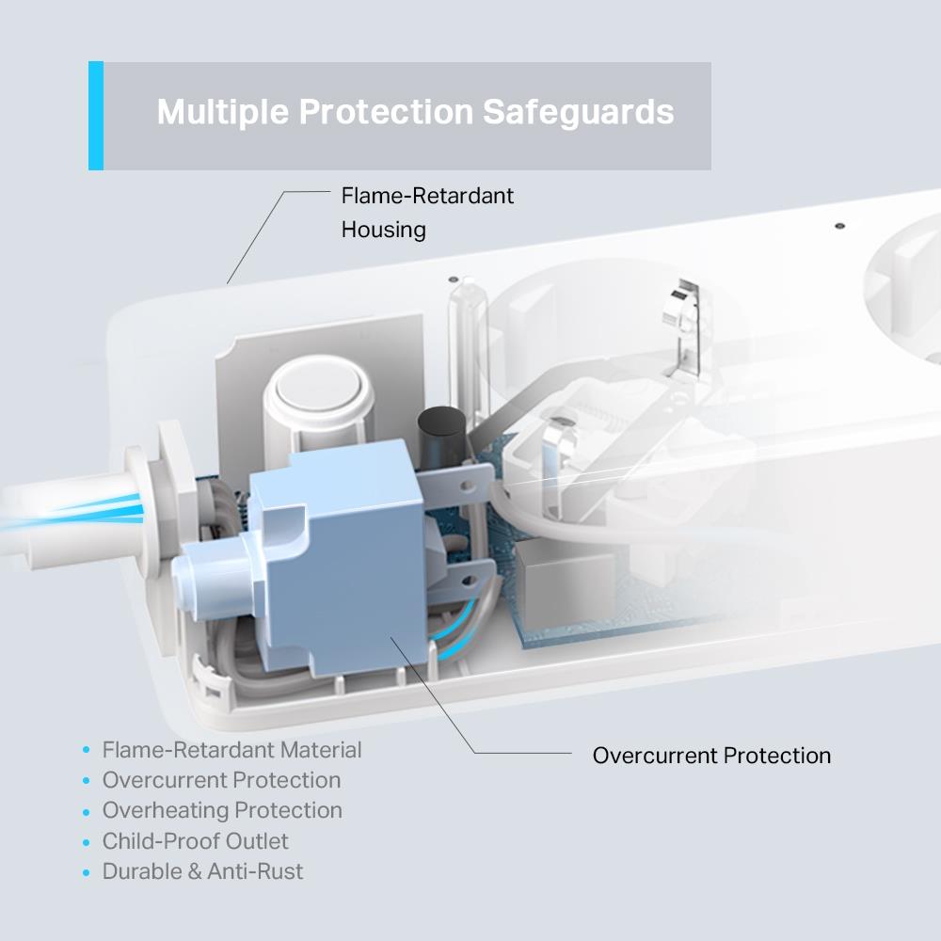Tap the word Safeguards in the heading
click(578, 112)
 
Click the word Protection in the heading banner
click(385, 112)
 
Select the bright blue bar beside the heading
click(96, 116)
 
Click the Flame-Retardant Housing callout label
click(427, 213)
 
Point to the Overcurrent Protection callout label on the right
click(711, 756)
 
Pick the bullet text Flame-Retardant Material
click(231, 750)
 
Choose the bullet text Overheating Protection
click(222, 810)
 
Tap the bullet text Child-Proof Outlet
click(196, 841)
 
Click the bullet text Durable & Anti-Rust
click(202, 871)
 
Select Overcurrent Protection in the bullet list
click(221, 780)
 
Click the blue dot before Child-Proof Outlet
click(87, 842)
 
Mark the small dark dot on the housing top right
click(839, 227)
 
